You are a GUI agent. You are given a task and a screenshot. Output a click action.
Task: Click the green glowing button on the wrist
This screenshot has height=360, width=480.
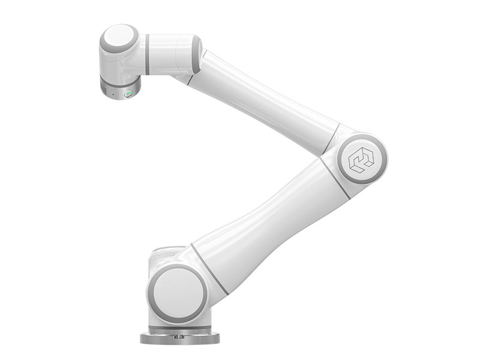click(x=128, y=94)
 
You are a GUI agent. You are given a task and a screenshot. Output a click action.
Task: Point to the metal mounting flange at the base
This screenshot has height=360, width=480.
click(x=179, y=338)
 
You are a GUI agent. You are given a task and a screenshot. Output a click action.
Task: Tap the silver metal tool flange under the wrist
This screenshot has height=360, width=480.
click(x=119, y=90)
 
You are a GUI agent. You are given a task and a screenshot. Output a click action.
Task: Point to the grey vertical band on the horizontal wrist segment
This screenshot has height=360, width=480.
click(x=147, y=55)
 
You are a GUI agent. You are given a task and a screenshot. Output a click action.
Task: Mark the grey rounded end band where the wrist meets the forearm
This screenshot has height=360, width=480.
click(x=196, y=55)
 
